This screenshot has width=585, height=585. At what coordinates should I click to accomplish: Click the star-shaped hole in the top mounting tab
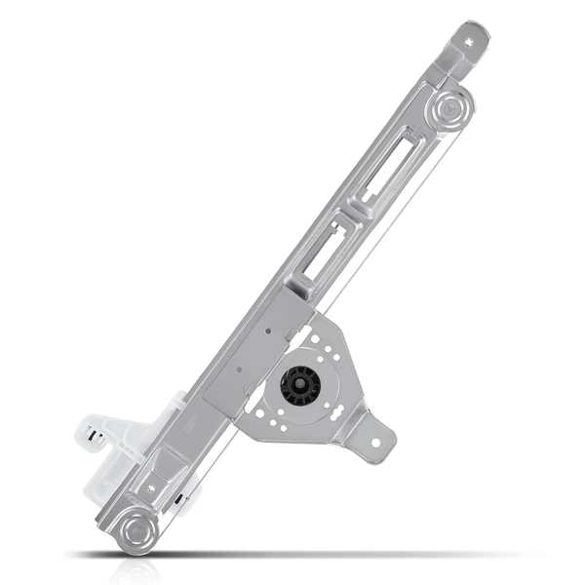[472, 41]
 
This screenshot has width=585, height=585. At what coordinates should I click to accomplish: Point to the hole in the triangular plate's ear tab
[375, 441]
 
